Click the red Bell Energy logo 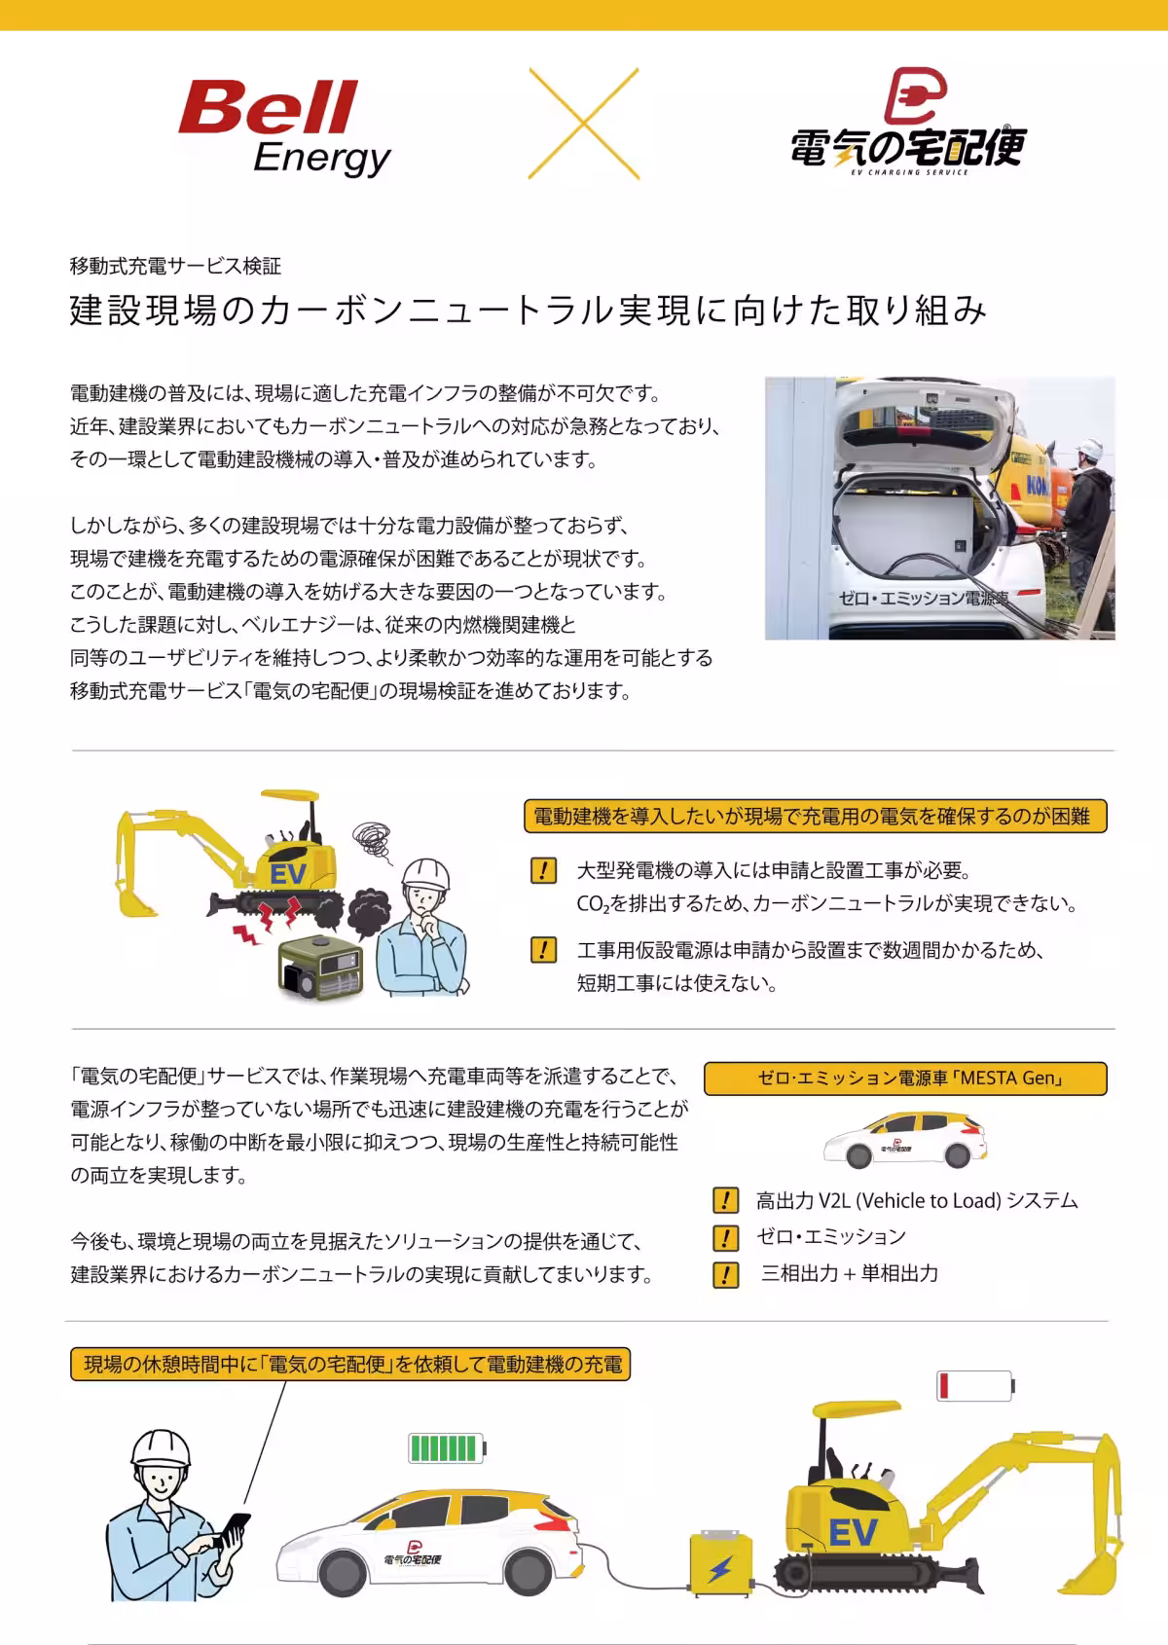coord(282,127)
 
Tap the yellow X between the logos coord(583,124)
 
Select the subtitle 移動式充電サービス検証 coord(175,266)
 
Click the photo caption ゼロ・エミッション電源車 coord(923,599)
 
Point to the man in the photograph coord(1085,506)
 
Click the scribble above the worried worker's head coord(372,838)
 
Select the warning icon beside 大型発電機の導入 coord(543,870)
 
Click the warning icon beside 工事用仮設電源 coord(543,950)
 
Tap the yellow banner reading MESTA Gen coord(905,1078)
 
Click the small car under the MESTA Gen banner coord(904,1140)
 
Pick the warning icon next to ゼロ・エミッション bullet coord(725,1237)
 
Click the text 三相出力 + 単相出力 coord(849,1273)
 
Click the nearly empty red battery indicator coord(974,1385)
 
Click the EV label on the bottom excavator coord(853,1533)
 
